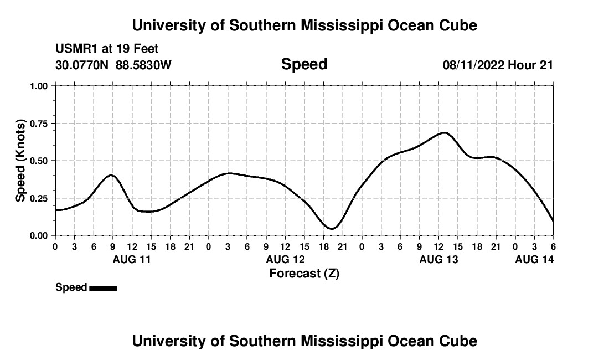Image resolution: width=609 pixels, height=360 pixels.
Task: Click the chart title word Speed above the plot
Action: point(304,64)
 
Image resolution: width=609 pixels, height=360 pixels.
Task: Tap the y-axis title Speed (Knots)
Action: point(20,160)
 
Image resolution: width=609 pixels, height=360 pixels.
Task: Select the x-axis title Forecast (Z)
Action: point(304,274)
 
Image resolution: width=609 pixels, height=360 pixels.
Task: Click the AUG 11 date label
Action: point(132,259)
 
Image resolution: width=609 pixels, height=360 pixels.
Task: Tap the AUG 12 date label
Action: point(285,259)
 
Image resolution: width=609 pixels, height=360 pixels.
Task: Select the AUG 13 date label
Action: point(438,259)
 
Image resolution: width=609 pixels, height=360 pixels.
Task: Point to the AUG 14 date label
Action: point(534,259)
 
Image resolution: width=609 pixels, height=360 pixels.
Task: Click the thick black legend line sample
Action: point(103,288)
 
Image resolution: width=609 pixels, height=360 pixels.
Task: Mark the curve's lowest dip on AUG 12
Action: point(331,228)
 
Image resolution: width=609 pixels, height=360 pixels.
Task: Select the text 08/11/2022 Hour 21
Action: point(498,65)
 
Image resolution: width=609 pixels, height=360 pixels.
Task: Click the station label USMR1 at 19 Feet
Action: point(107,49)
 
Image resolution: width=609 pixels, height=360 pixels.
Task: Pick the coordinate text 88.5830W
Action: point(143,65)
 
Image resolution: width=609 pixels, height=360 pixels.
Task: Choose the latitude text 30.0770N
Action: point(82,65)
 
